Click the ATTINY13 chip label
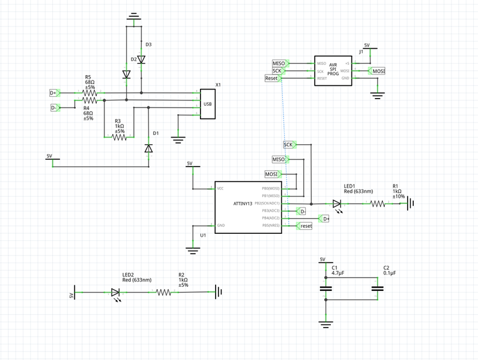[243, 204]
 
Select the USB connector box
[208, 104]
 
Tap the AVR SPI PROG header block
[333, 71]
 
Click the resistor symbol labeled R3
[119, 137]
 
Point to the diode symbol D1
[149, 148]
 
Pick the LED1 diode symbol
[337, 204]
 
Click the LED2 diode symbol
[116, 293]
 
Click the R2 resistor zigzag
[164, 293]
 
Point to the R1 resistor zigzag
[378, 204]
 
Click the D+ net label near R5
[54, 93]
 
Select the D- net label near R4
[54, 108]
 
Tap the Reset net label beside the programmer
[273, 79]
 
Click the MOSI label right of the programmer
[378, 71]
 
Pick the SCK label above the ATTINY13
[289, 145]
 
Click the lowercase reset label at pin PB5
[305, 226]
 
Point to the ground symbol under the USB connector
[177, 140]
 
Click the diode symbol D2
[126, 75]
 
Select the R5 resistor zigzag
[88, 93]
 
